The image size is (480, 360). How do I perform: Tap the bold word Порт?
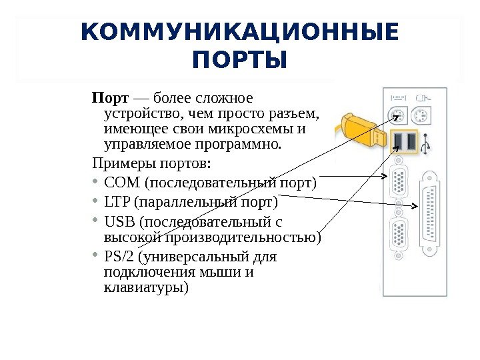click(x=105, y=99)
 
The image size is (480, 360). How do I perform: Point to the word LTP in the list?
click(x=117, y=201)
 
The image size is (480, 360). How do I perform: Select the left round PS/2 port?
click(x=397, y=117)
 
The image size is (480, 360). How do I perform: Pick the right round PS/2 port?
click(x=421, y=117)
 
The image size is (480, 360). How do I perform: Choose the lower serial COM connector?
click(x=399, y=235)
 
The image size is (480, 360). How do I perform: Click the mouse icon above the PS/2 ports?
click(x=421, y=99)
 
